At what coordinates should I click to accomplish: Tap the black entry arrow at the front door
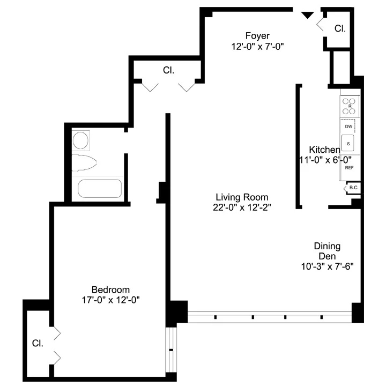coord(307,16)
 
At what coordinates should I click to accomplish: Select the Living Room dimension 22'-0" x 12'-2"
coord(242,208)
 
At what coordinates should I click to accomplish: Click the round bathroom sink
coord(81,141)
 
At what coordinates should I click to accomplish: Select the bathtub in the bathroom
coord(100,189)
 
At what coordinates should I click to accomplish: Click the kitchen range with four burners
coord(350,106)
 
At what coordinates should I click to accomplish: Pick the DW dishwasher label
coord(348,127)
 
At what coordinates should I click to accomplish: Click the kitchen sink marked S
coord(349,144)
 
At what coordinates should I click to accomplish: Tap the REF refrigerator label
coord(349,168)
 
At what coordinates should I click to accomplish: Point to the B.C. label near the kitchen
coord(353,188)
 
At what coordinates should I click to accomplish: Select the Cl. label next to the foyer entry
coord(340,28)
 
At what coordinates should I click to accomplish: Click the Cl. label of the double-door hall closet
coord(168,70)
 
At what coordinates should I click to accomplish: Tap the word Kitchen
coord(324,150)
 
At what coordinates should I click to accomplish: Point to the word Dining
coord(327,246)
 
